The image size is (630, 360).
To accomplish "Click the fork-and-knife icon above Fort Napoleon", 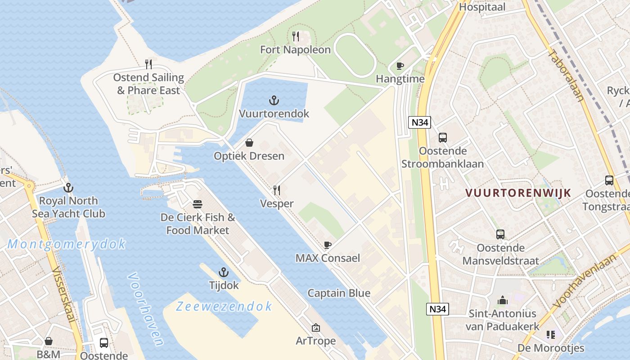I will [x=296, y=36].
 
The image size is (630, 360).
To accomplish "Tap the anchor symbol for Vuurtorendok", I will [x=274, y=100].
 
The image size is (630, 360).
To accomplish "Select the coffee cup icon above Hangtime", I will [x=400, y=66].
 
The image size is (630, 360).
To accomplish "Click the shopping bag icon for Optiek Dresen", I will [x=249, y=143].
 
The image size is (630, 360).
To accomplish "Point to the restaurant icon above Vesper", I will [x=277, y=190].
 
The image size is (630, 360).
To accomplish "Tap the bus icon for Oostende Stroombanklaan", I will [x=443, y=138].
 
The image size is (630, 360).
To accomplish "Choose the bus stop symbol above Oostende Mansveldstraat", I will [x=500, y=234].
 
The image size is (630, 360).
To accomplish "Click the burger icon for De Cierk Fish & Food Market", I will [x=198, y=204].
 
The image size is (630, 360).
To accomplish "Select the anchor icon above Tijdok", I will [x=224, y=272].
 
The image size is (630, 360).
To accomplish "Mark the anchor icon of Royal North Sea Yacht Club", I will [x=68, y=188].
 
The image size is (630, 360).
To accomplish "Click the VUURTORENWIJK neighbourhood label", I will [x=518, y=193].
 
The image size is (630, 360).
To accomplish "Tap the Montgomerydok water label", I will [x=67, y=244].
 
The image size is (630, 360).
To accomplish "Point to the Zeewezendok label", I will [x=224, y=306].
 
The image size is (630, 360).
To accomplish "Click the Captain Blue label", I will [x=339, y=293].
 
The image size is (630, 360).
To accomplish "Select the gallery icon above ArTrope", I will [x=316, y=328].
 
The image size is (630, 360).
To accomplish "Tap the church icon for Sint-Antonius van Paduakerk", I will [x=502, y=300].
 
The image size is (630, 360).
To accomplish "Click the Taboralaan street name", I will [x=566, y=75].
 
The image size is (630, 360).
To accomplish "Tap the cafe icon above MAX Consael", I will [x=328, y=245].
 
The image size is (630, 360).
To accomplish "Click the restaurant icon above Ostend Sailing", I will [x=148, y=64].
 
